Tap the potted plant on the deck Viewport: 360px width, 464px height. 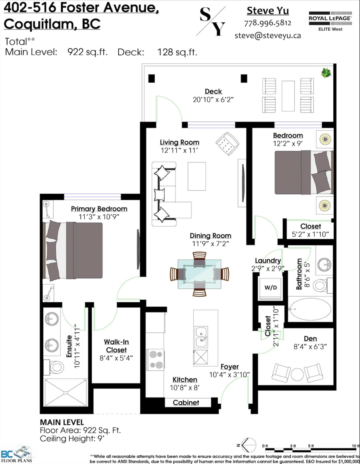(x=326, y=73)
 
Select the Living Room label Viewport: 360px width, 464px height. (x=179, y=142)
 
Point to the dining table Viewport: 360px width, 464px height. (x=200, y=274)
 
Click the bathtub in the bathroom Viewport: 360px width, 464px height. (x=310, y=309)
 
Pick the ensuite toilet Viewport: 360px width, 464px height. (x=54, y=367)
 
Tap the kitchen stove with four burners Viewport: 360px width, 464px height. (x=155, y=360)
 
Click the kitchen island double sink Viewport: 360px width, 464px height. (x=201, y=337)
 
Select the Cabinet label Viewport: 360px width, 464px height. (x=186, y=403)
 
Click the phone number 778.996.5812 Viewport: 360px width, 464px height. (x=268, y=23)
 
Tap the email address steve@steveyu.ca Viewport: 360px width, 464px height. (x=268, y=36)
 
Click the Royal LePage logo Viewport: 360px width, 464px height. (x=330, y=21)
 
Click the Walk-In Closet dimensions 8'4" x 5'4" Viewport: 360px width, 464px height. (x=116, y=358)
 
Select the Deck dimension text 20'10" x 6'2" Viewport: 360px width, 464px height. (x=213, y=99)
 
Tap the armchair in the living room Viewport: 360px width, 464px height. (x=227, y=143)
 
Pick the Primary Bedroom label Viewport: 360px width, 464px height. (x=99, y=209)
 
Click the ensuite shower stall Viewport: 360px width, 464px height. (x=66, y=392)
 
